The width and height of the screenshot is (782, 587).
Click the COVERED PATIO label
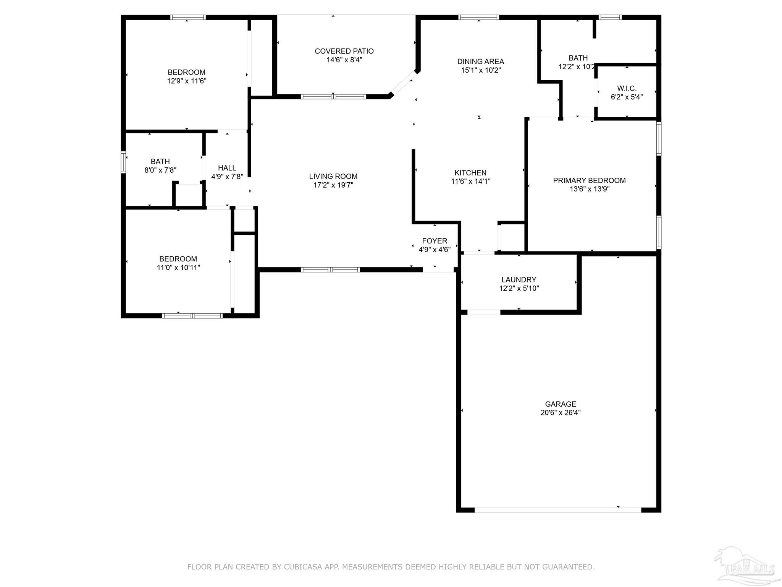coord(344,51)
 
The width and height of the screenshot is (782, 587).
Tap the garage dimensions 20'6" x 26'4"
coord(561,413)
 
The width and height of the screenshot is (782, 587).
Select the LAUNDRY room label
coord(519,280)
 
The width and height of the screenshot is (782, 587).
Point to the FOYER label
coord(435,241)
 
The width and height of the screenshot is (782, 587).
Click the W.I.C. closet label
coord(627,89)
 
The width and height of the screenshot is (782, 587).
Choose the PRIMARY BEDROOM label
coord(589,180)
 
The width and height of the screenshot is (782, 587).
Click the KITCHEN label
coord(470,173)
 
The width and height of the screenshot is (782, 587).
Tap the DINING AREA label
coord(481,62)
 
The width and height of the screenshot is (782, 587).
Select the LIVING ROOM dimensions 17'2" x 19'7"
coord(333,185)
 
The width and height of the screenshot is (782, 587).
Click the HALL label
coord(227,168)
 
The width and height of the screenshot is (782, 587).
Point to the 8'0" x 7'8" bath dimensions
coord(160,170)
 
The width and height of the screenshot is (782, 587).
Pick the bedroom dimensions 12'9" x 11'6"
coord(187,81)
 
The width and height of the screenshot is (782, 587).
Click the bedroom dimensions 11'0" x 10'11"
coord(178,268)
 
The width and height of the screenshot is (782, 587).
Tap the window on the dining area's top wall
coord(478,17)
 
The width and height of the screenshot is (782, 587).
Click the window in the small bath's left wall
coord(123,162)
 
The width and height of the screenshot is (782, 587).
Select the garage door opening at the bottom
coord(558,510)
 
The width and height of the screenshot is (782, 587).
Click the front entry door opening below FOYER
coord(438,270)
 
